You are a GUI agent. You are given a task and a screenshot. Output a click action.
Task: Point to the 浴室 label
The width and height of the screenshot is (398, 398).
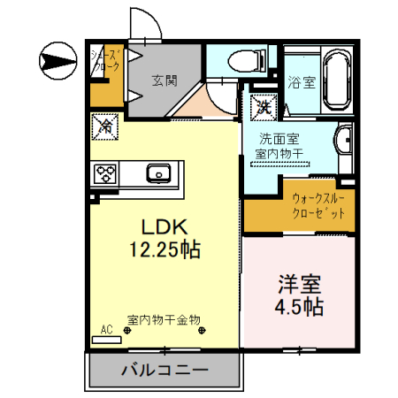302,83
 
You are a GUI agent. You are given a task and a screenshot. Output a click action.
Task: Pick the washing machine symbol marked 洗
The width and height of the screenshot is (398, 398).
264,106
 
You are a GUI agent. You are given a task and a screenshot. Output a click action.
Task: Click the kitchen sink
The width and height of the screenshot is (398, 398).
160,172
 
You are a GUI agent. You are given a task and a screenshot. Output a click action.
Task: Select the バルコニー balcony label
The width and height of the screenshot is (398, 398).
165,369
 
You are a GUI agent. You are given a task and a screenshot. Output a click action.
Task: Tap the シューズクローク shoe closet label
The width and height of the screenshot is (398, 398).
107,60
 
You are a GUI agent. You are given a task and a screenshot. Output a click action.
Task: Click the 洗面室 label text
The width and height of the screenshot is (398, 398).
279,139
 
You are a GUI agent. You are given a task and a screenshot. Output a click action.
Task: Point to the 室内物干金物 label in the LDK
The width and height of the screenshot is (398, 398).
163,319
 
